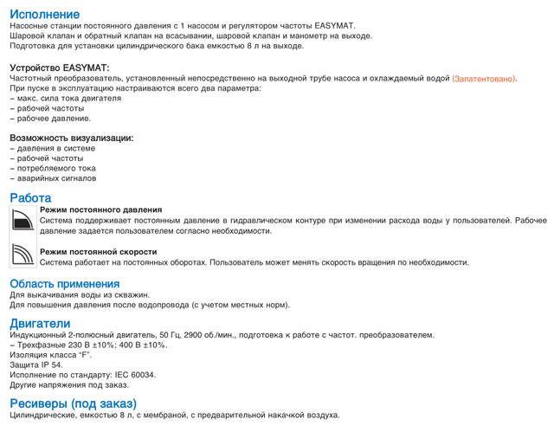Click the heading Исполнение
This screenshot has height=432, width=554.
44,15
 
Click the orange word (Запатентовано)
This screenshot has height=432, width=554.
484,79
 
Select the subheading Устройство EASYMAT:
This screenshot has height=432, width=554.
59,68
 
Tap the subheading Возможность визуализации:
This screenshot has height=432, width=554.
71,138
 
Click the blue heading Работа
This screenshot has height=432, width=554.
30,197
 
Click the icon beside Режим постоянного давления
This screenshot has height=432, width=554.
22,221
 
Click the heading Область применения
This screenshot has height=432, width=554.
64,283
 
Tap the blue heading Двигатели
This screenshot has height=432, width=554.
40,323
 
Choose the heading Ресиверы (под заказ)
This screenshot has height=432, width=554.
73,403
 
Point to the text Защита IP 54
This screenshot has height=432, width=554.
36,364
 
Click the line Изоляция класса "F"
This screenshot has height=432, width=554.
50,355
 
